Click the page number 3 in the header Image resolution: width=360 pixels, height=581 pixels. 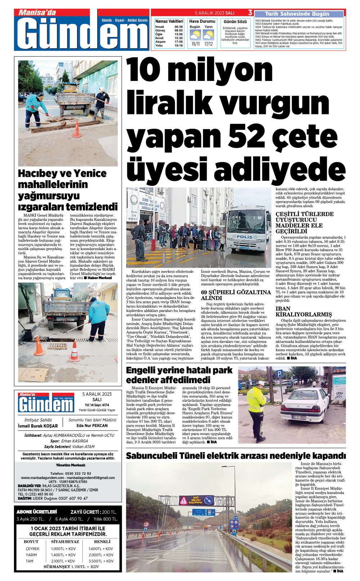click(x=250, y=13)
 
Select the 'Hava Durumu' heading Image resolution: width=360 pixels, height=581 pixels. click(x=202, y=22)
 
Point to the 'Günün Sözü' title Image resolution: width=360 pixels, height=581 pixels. click(x=235, y=22)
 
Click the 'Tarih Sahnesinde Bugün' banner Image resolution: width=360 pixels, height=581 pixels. click(x=297, y=14)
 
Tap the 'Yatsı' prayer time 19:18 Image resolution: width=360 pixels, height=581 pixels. click(x=179, y=46)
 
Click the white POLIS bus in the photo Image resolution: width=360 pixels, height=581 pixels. click(x=248, y=229)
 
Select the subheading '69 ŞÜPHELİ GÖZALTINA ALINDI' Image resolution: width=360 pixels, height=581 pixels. click(x=236, y=295)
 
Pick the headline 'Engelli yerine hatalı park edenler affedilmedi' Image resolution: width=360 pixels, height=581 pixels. click(x=179, y=375)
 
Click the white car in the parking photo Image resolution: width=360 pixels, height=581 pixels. click(x=305, y=405)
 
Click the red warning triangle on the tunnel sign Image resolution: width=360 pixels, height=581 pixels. click(x=184, y=500)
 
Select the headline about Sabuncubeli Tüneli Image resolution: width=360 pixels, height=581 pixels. click(x=236, y=456)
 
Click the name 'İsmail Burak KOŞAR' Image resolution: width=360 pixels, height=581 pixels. click(x=38, y=426)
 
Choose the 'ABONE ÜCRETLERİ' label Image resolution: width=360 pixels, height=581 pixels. click(x=37, y=512)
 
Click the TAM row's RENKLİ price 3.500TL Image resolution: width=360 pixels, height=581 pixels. click(x=100, y=561)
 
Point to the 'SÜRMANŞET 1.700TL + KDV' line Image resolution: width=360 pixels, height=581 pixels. click(x=71, y=567)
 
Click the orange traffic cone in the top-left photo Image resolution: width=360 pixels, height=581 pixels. click(x=77, y=130)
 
